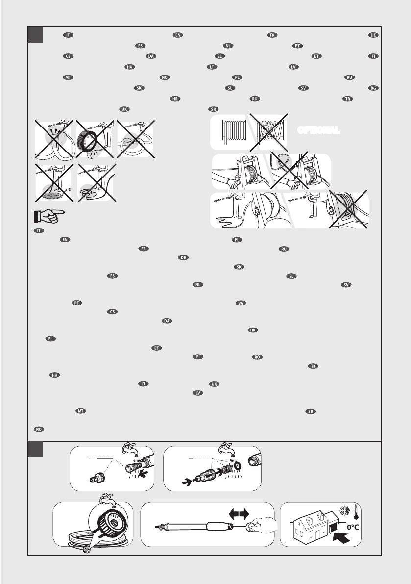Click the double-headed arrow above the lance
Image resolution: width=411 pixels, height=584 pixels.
click(x=238, y=513)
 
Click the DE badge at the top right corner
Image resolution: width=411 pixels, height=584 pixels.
click(x=373, y=35)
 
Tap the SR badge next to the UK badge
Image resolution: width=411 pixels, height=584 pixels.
click(x=213, y=108)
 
